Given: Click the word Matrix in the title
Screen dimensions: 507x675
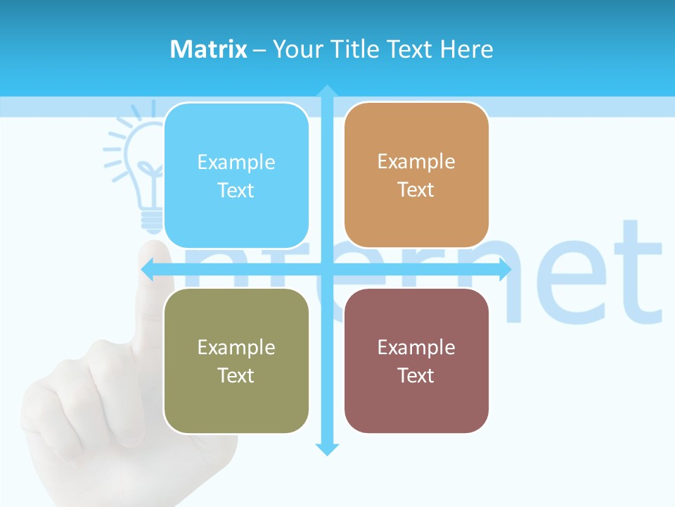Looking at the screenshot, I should click(x=208, y=49).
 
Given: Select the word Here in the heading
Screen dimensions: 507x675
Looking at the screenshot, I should click(x=467, y=49).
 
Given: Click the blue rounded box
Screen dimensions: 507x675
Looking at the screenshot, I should click(x=236, y=176).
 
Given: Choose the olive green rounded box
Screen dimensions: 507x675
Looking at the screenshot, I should click(x=236, y=361).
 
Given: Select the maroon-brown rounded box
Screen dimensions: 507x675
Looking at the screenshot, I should click(x=416, y=361).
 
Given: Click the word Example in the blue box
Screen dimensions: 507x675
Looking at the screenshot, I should click(x=236, y=163).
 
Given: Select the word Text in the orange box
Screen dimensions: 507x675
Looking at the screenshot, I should click(x=416, y=189).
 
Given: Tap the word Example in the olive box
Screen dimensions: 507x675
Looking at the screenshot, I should click(x=236, y=347).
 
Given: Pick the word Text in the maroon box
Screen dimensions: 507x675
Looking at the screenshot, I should click(x=416, y=375).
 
